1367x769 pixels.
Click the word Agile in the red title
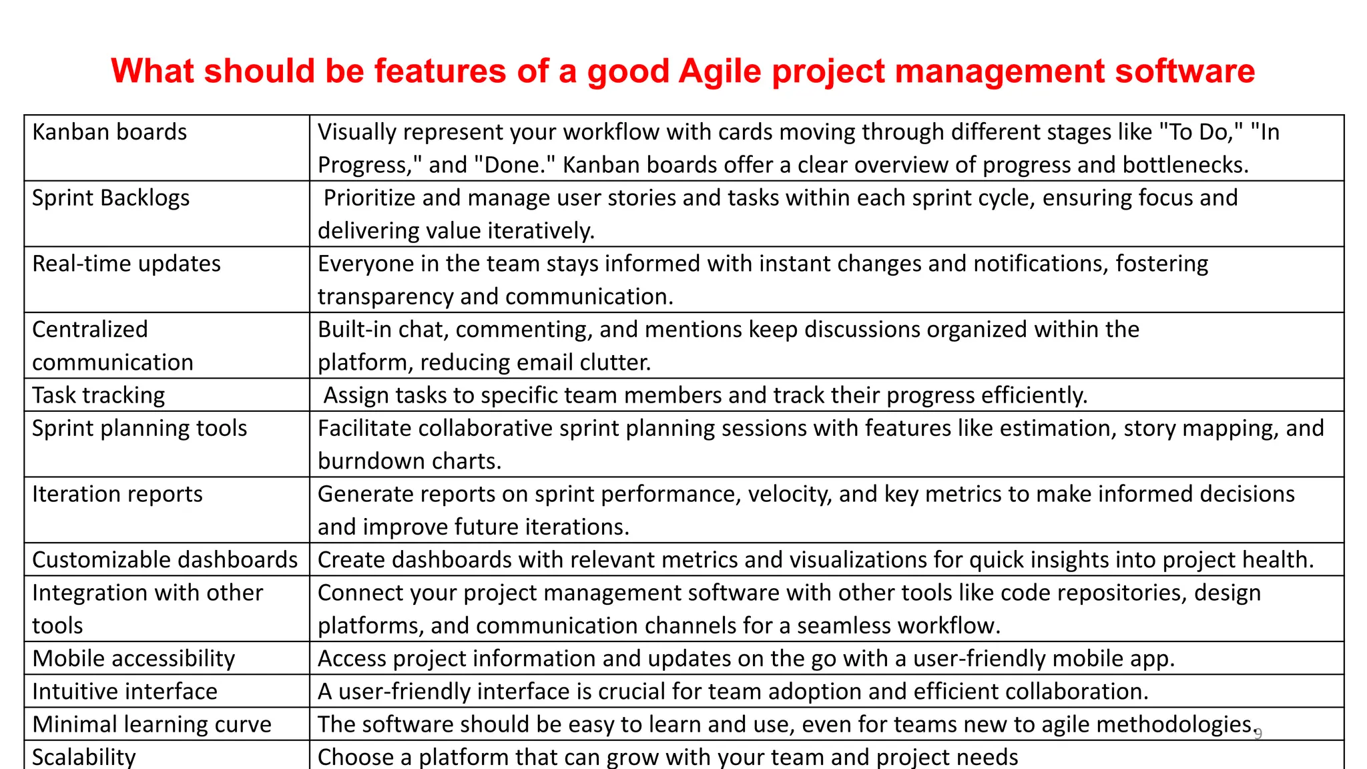pyautogui.click(x=720, y=71)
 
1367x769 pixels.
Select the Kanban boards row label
pyautogui.click(x=109, y=132)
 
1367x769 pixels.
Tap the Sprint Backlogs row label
pyautogui.click(x=111, y=198)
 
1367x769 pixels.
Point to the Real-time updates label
pyautogui.click(x=126, y=264)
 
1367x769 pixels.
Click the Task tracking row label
pyautogui.click(x=98, y=395)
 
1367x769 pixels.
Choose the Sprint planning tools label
pyautogui.click(x=140, y=428)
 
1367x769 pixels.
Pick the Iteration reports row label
pyautogui.click(x=117, y=494)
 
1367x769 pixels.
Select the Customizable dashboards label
pyautogui.click(x=165, y=559)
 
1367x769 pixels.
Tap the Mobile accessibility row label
pyautogui.click(x=133, y=658)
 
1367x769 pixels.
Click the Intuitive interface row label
pyautogui.click(x=125, y=691)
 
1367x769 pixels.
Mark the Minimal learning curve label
pyautogui.click(x=152, y=724)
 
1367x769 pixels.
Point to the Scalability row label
pyautogui.click(x=84, y=757)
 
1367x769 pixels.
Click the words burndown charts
pyautogui.click(x=409, y=461)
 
